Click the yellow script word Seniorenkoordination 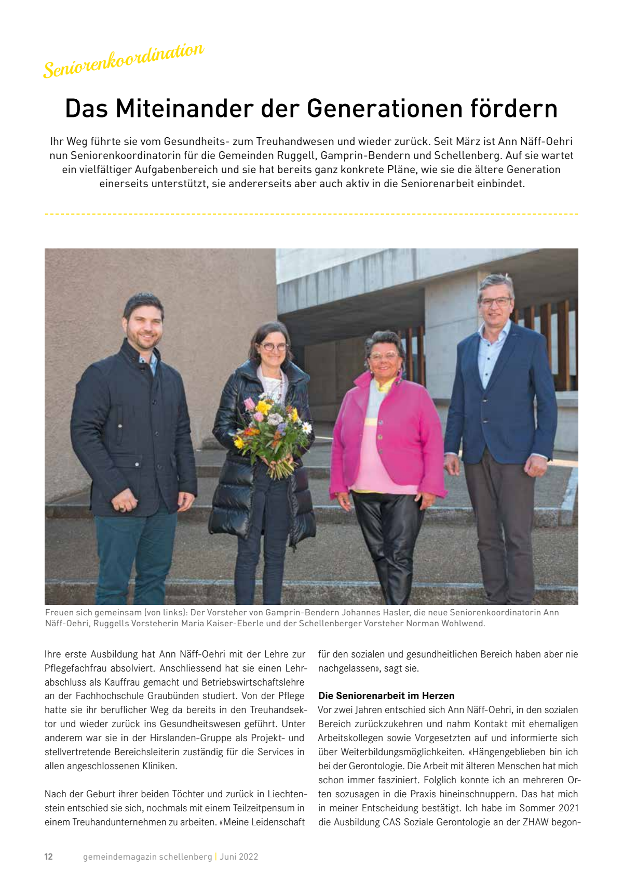[124, 60]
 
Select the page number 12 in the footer [49, 857]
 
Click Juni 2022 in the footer [239, 857]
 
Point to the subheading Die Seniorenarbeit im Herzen [386, 695]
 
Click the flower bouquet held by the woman [271, 431]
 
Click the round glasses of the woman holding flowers [274, 347]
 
